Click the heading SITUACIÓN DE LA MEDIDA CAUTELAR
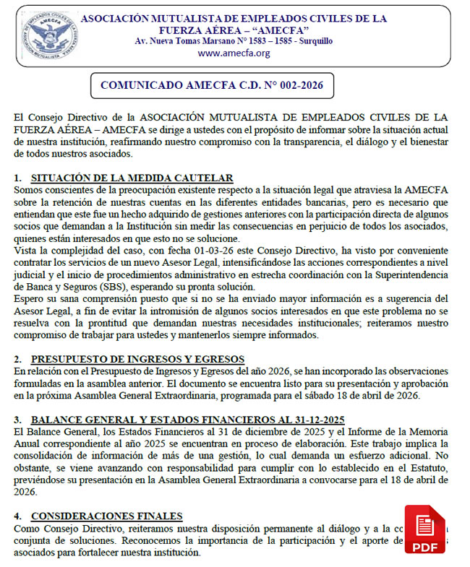132,178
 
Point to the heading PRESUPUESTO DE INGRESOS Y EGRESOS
137,359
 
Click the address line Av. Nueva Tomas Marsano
234,41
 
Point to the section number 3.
17,420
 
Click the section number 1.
17,178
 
